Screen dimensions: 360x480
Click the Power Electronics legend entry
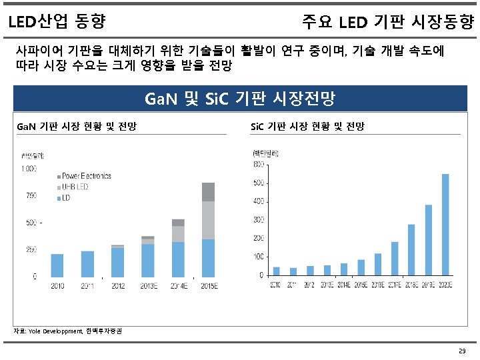click(86, 176)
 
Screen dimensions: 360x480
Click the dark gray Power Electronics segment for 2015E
click(208, 191)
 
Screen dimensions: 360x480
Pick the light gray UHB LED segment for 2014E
click(178, 233)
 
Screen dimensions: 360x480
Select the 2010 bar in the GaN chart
click(57, 265)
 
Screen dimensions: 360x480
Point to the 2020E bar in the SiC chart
click(445, 224)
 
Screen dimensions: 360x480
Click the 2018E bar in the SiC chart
click(411, 249)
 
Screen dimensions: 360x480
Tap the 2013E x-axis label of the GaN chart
click(147, 286)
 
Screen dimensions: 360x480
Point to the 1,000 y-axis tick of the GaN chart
click(29, 169)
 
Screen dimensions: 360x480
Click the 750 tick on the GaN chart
click(31, 195)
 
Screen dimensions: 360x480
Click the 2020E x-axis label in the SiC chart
click(445, 285)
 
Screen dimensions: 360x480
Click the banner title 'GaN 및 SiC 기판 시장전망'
click(239, 99)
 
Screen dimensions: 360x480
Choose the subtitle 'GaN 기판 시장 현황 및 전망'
click(76, 126)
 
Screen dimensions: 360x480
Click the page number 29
click(462, 351)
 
